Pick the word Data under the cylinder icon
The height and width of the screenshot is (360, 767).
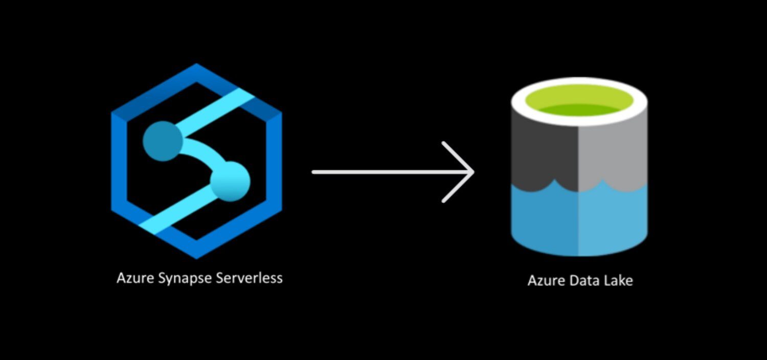coord(582,281)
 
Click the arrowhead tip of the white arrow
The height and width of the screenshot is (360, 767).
coord(471,172)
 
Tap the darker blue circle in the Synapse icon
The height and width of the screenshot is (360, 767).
coord(163,141)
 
